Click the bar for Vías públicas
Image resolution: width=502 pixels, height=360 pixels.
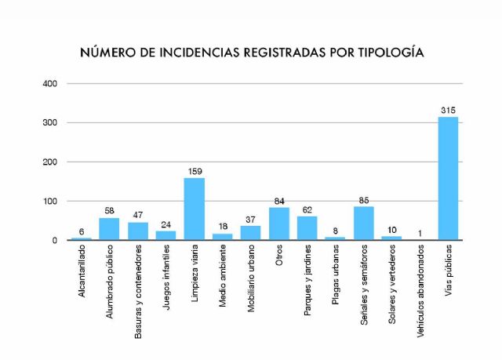pyautogui.click(x=448, y=179)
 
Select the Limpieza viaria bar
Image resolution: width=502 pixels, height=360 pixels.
pyautogui.click(x=194, y=209)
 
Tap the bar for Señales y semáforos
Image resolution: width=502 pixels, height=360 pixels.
pyautogui.click(x=363, y=224)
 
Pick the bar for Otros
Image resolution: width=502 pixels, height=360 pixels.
pyautogui.click(x=278, y=224)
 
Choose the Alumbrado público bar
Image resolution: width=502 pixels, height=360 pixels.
pyautogui.click(x=109, y=229)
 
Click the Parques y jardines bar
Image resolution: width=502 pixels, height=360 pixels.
pyautogui.click(x=307, y=228)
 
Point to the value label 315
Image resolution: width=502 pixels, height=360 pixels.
pyautogui.click(x=448, y=109)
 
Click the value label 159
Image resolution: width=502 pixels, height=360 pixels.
pyautogui.click(x=194, y=170)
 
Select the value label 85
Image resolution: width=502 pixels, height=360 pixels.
pyautogui.click(x=363, y=199)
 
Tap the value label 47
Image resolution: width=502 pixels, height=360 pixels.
pyautogui.click(x=137, y=214)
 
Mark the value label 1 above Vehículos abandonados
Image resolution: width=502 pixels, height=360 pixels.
pyautogui.click(x=420, y=232)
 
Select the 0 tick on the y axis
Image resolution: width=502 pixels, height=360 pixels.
pyautogui.click(x=55, y=240)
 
